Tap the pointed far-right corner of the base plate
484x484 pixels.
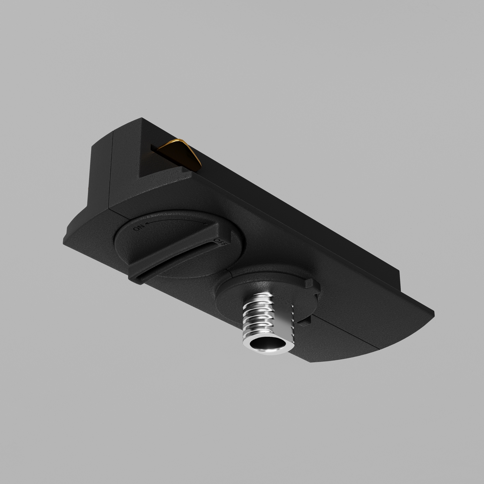[x=434, y=314]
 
